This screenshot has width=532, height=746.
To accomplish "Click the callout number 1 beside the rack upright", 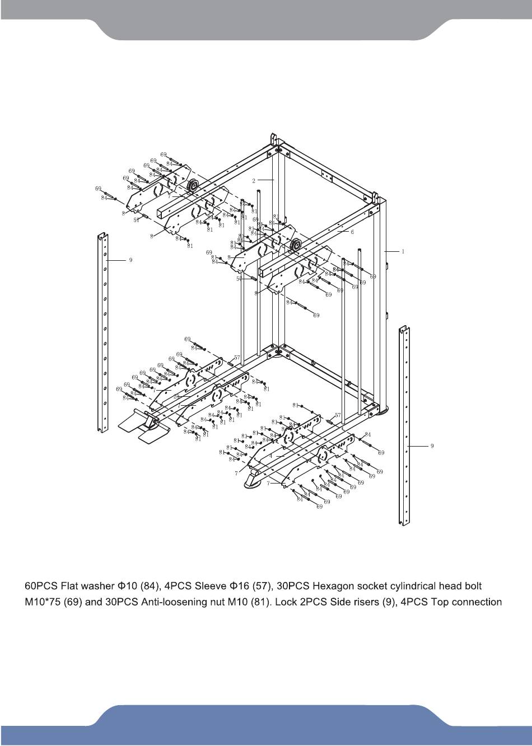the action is tap(403, 251).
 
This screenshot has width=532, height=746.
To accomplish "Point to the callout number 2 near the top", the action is tap(254, 181).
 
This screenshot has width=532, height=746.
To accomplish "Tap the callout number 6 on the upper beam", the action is tap(352, 231).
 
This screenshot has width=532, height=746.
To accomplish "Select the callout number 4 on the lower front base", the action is tap(271, 456).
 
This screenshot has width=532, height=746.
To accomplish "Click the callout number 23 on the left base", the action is tap(175, 396).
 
